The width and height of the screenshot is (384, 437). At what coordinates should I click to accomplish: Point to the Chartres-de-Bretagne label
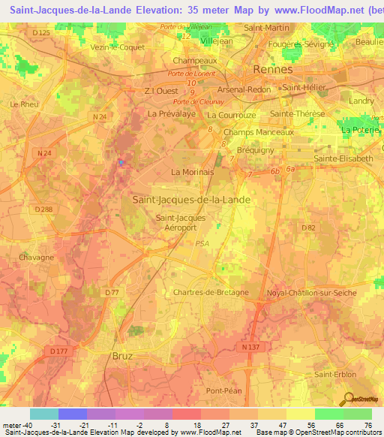tap(211, 293)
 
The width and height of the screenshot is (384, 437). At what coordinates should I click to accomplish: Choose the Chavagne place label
tap(37, 258)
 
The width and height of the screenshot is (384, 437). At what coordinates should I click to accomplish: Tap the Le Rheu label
tap(24, 104)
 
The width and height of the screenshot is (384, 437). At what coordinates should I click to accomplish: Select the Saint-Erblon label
tap(335, 375)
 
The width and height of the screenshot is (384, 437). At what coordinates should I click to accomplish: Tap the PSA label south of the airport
tap(202, 243)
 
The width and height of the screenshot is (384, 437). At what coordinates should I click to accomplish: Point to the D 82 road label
tap(307, 228)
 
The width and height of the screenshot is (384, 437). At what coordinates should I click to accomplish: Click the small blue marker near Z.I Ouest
tap(122, 162)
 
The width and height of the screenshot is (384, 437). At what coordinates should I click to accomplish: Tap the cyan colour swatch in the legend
tap(43, 414)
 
